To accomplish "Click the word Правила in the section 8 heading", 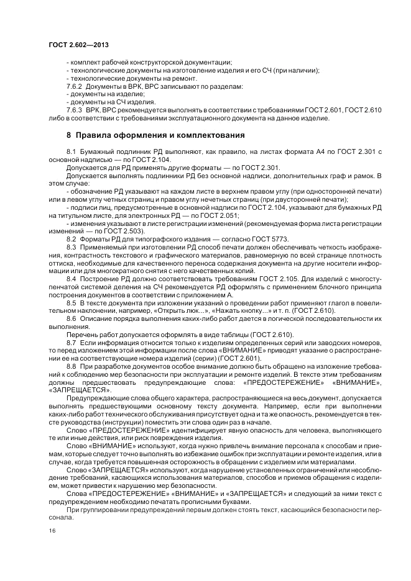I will click(92, 135).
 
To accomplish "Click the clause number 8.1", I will click(70, 152).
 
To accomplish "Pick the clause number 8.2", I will click(70, 239).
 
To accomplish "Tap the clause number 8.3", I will click(70, 248).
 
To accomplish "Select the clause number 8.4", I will click(70, 280).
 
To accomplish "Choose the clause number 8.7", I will click(70, 342).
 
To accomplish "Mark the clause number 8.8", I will click(70, 367).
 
